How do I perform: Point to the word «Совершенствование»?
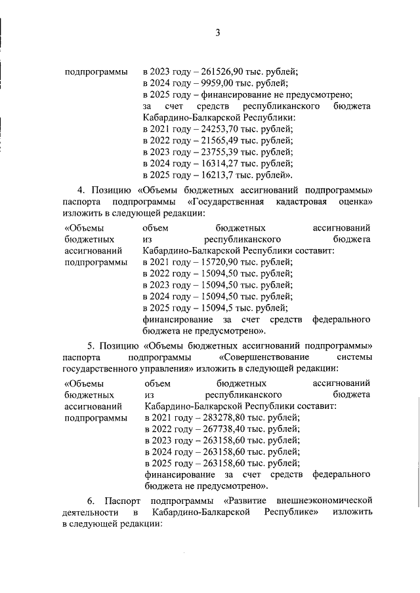tap(264, 358)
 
